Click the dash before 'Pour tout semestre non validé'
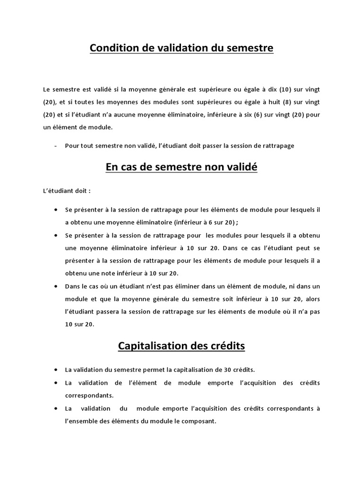point(56,145)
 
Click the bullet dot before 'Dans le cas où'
point(56,286)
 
